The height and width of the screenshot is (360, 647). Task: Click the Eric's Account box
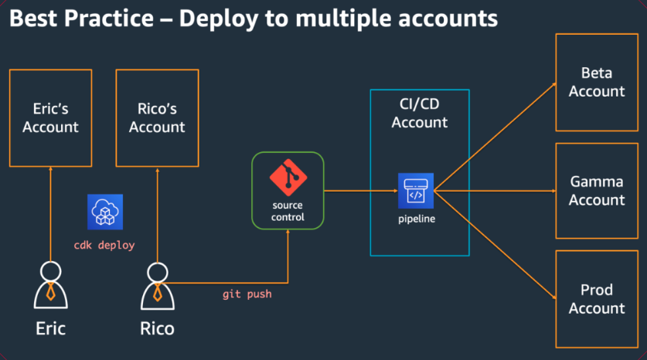tap(50, 117)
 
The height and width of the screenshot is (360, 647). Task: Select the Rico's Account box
tap(157, 117)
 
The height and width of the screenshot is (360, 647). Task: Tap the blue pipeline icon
tap(416, 191)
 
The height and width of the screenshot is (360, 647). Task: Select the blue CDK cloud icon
tap(105, 211)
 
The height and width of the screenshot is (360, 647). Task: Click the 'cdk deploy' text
tap(104, 245)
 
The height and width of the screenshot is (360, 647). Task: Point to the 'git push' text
tap(247, 294)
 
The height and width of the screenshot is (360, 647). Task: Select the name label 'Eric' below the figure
tap(50, 328)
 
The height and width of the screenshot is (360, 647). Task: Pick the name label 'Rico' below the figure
tap(157, 328)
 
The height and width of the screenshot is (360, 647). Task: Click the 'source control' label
tap(288, 212)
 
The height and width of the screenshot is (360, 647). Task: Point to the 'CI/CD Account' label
tap(419, 113)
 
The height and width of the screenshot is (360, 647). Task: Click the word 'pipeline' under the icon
tap(416, 219)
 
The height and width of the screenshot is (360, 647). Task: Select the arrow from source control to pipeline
tap(359, 191)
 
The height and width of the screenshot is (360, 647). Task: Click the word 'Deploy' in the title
tap(218, 19)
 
